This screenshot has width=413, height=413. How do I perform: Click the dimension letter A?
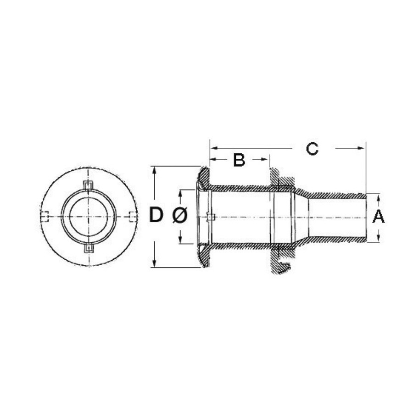(x=378, y=217)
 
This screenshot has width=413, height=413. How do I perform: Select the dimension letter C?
(x=312, y=149)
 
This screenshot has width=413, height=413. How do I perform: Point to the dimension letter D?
(x=156, y=215)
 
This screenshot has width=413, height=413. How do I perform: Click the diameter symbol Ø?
(x=180, y=215)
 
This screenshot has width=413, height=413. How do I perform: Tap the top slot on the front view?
(x=89, y=185)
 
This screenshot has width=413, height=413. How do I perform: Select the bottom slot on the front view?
(x=89, y=248)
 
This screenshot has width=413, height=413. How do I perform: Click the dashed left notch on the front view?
(x=45, y=217)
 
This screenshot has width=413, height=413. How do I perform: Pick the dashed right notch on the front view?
(x=133, y=217)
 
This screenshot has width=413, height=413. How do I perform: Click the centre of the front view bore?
(x=89, y=217)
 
